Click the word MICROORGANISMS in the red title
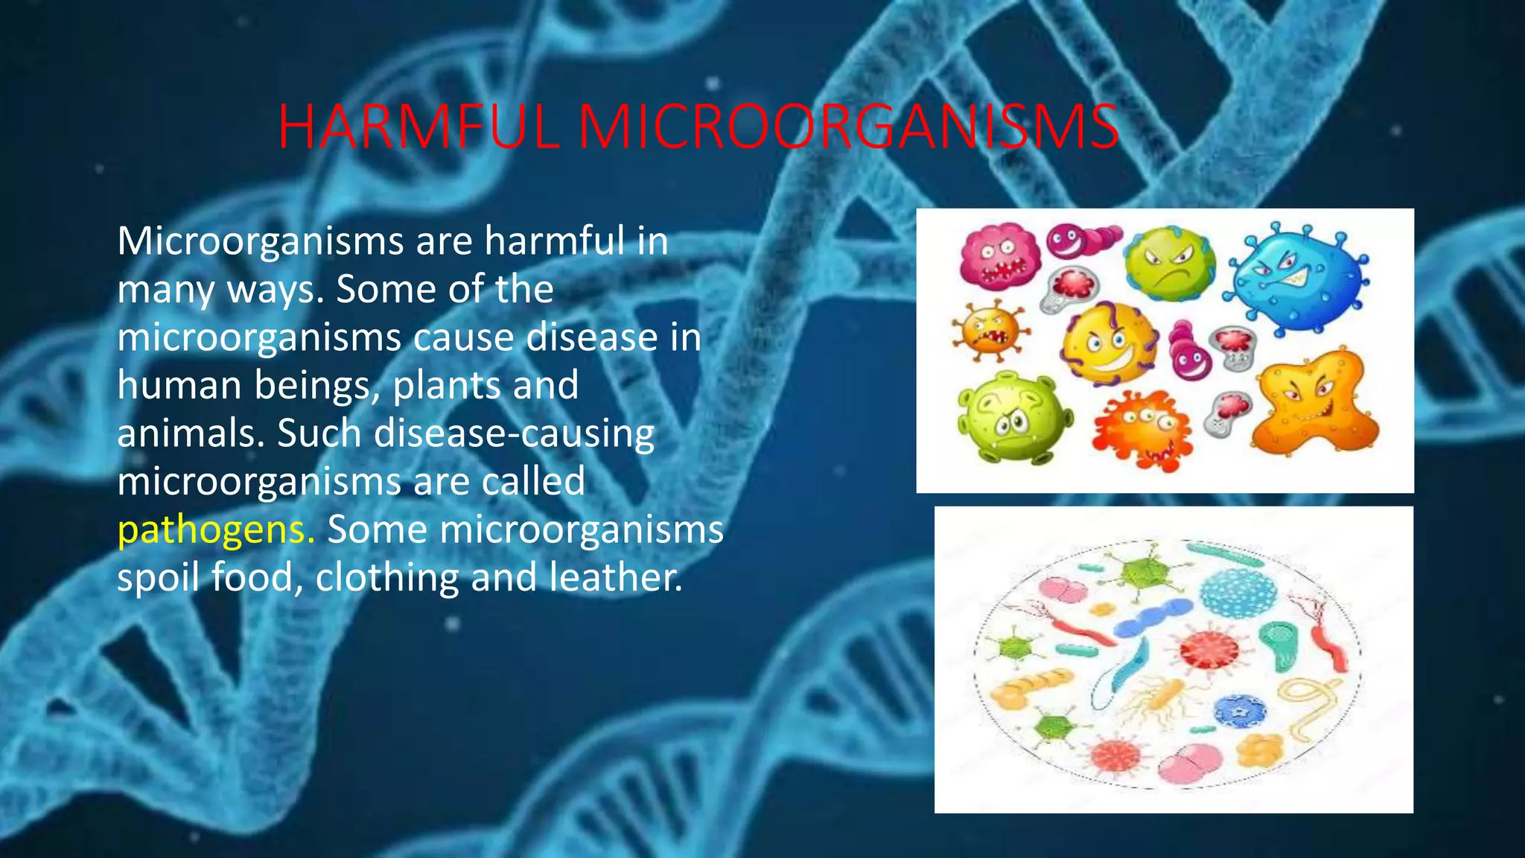[849, 127]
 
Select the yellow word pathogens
[216, 530]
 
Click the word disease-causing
[514, 433]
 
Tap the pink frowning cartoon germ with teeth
[999, 257]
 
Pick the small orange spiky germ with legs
[990, 330]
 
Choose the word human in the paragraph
[179, 385]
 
